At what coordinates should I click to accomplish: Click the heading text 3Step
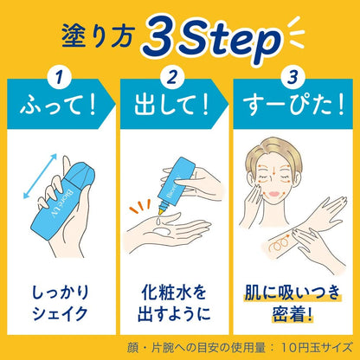point(213,38)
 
